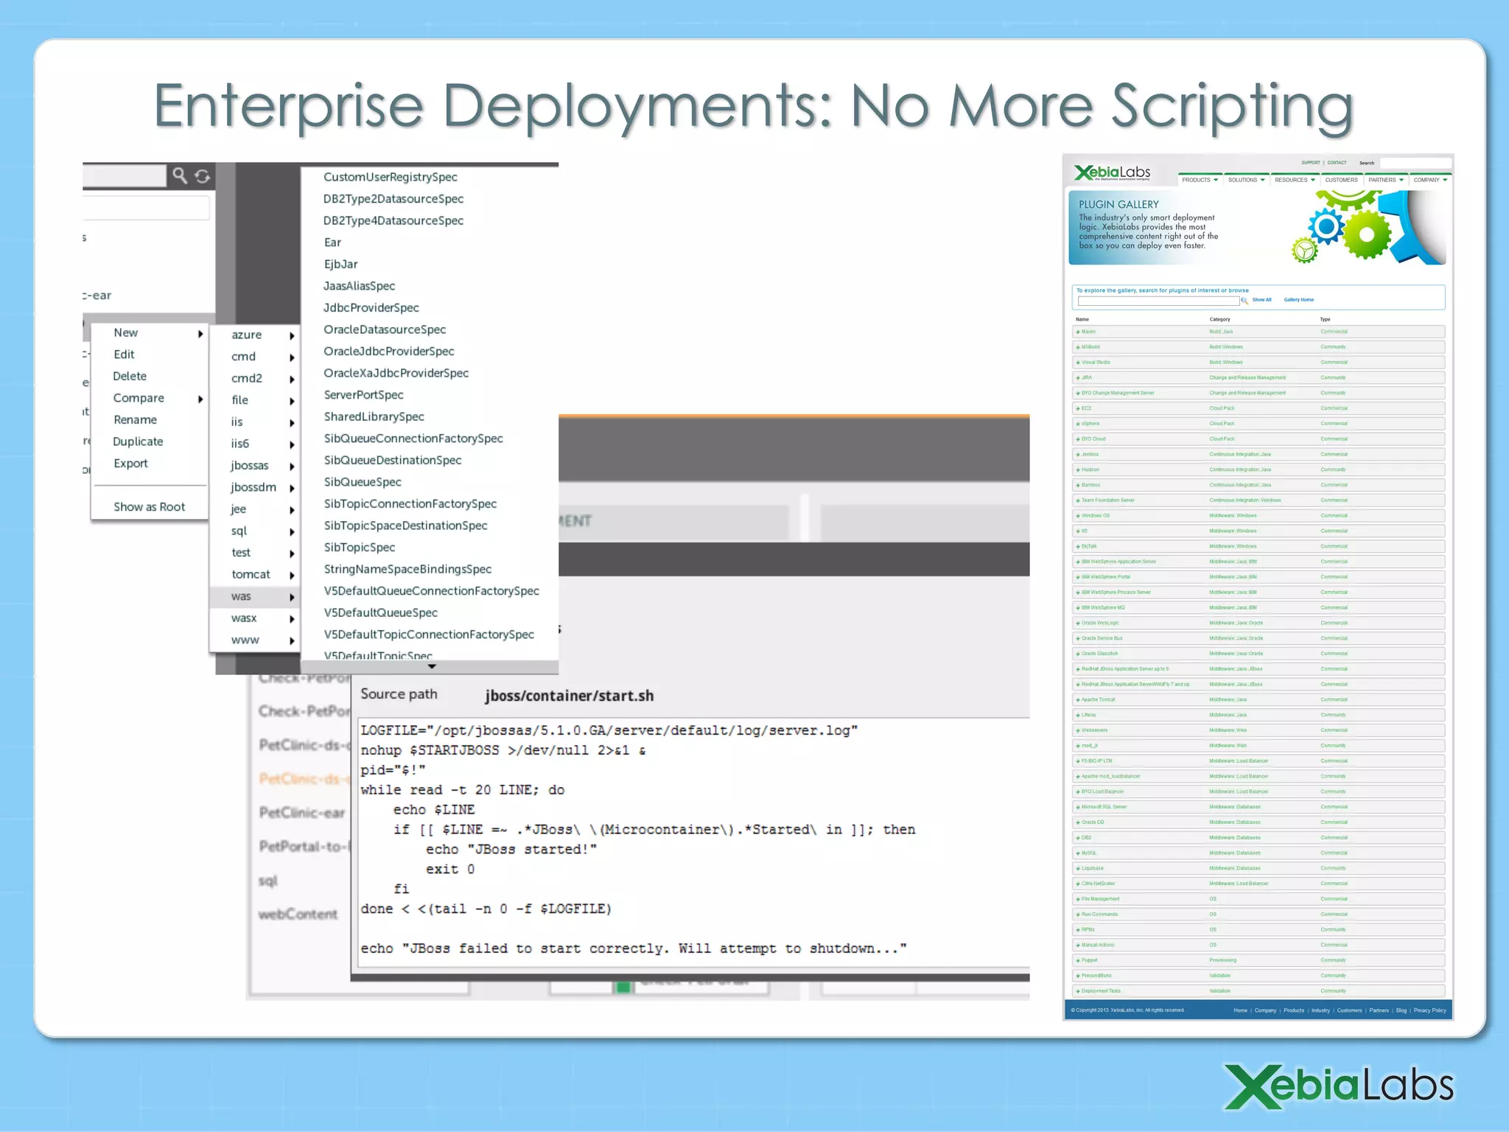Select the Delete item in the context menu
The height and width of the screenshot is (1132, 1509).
130,377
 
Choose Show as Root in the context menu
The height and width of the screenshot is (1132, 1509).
149,507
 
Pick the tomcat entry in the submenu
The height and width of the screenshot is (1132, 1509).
251,575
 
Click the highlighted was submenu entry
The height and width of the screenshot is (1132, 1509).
242,597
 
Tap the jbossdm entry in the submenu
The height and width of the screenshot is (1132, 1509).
253,488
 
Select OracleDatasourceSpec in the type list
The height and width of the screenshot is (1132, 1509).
385,330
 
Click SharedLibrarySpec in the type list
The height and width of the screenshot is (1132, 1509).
374,417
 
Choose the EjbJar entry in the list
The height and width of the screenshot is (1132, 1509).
340,265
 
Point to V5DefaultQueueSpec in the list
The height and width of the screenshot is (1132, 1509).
380,613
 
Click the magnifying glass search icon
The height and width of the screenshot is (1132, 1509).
180,175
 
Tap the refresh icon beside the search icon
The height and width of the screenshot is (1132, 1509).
203,176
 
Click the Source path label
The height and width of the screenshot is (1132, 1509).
399,694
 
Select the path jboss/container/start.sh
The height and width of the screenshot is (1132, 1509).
569,696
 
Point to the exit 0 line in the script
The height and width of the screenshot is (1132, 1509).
449,870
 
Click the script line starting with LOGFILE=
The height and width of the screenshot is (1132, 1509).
609,731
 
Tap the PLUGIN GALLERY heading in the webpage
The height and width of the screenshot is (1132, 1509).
1118,205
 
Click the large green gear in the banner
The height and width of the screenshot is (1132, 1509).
1367,234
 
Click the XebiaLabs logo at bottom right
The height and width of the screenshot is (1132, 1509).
1339,1087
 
